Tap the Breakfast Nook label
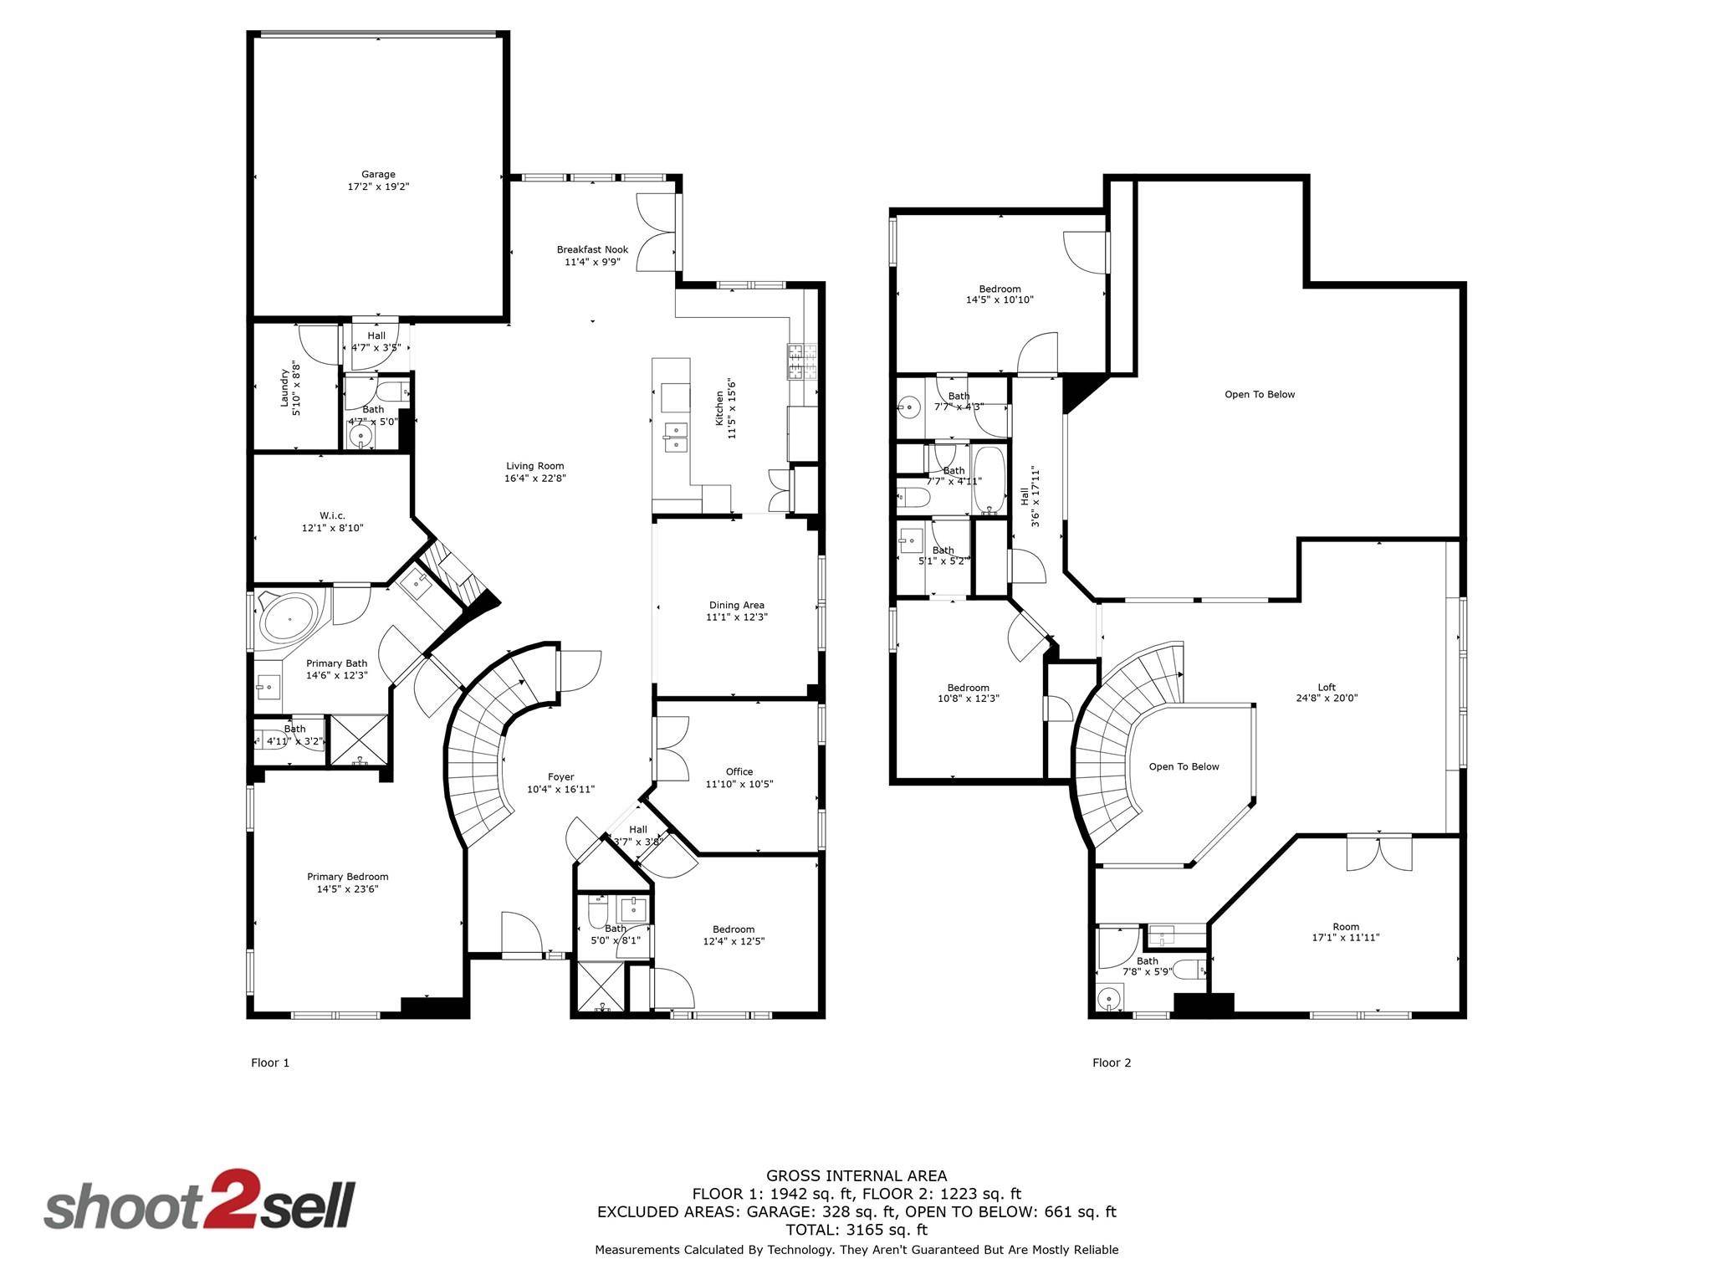(x=592, y=250)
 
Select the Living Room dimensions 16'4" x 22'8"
(x=535, y=479)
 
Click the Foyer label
(x=561, y=777)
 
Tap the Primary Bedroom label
(x=348, y=877)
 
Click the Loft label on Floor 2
(x=1327, y=687)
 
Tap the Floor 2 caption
(x=1112, y=1063)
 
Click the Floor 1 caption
(x=270, y=1063)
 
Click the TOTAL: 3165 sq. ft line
(x=856, y=1230)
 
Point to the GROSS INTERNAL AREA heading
(x=856, y=1176)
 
